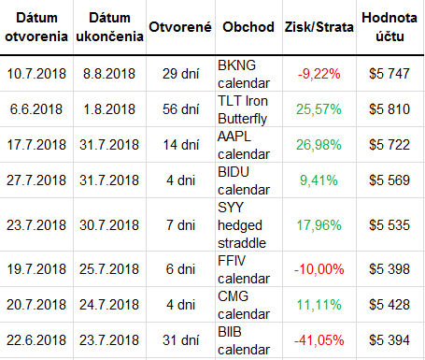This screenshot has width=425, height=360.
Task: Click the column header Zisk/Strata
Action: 319,27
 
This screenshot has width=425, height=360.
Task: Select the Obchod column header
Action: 248,27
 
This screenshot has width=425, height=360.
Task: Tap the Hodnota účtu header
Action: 390,27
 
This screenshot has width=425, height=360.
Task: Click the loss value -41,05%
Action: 319,340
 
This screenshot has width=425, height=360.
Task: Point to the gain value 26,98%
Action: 319,145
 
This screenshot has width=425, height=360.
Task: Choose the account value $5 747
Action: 390,74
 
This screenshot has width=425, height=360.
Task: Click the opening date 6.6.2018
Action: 36,109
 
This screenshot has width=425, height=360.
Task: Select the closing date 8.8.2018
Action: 109,74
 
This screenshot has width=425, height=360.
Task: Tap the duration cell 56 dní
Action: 180,109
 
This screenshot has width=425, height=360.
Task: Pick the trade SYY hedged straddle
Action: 242,225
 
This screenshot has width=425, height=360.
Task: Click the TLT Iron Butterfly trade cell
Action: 243,109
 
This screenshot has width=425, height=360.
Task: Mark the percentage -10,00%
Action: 319,269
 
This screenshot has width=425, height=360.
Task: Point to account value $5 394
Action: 390,340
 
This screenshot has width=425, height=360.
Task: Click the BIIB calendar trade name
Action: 244,340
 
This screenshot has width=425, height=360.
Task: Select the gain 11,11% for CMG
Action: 319,305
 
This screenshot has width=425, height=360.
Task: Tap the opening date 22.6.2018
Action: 36,340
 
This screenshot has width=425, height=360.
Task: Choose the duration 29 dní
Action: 180,74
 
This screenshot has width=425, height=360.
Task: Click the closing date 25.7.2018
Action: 109,269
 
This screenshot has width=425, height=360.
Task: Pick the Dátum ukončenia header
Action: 109,27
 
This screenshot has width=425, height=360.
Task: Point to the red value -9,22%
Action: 319,74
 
